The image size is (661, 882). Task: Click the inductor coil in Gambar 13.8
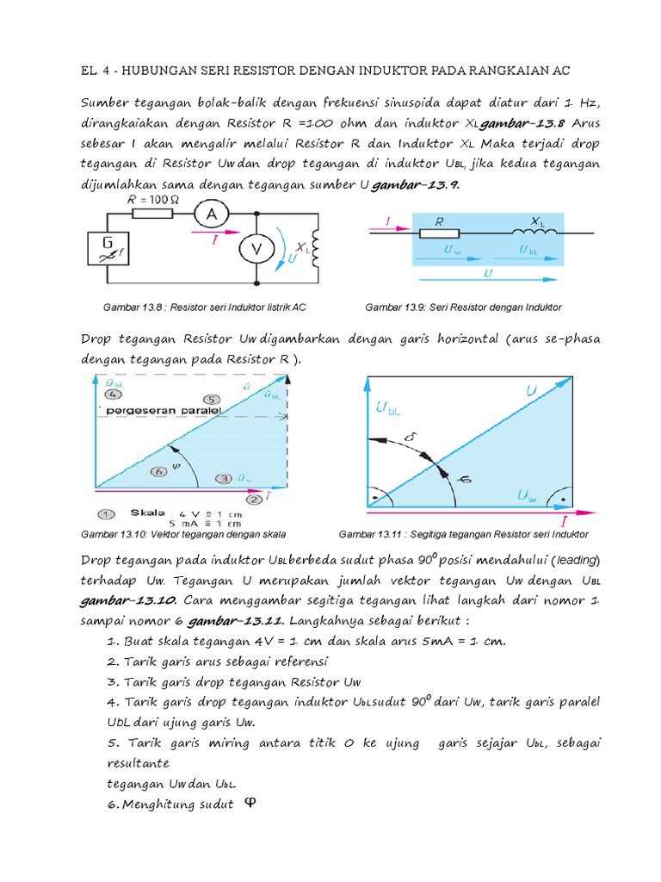(x=315, y=249)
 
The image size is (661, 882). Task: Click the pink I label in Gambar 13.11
(x=564, y=522)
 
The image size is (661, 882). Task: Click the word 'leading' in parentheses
(x=573, y=561)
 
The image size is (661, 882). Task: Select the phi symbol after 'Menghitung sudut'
(x=250, y=803)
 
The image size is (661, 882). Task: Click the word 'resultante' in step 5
(x=138, y=763)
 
